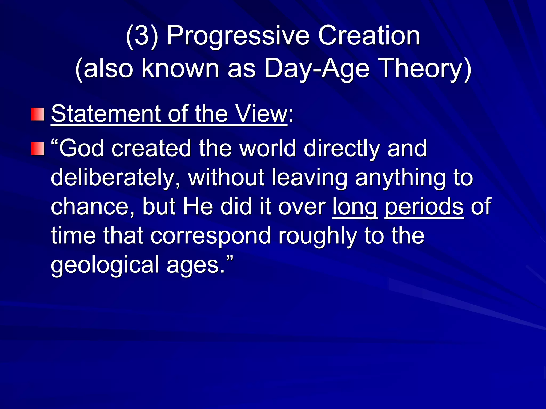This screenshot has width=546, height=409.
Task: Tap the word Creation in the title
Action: tap(369, 36)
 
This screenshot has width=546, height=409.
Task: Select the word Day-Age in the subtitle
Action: tap(317, 69)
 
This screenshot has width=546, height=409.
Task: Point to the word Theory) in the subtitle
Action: tap(425, 69)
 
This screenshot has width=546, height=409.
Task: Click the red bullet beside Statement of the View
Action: tap(38, 114)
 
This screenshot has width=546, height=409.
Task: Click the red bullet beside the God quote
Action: tap(38, 149)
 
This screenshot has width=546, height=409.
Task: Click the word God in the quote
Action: tap(81, 148)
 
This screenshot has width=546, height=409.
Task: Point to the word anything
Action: tap(400, 178)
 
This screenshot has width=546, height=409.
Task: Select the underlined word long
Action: tap(355, 207)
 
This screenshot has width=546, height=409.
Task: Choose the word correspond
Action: tap(211, 236)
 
